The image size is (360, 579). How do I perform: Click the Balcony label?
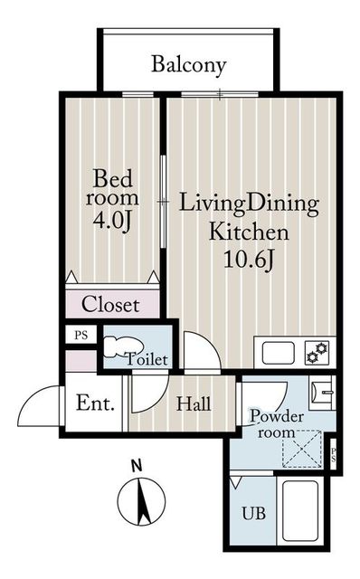pos(189,65)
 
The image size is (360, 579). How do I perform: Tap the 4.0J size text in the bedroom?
pos(112,221)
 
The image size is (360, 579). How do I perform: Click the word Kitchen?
pos(249,233)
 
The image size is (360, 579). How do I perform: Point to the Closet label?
pos(110,305)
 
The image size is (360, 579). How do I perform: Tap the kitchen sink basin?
pos(279,353)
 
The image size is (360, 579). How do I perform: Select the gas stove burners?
pos(317,352)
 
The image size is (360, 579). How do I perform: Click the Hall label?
pos(194,403)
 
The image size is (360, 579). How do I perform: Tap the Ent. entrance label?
pos(95,403)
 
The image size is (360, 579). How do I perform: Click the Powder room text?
pos(277,424)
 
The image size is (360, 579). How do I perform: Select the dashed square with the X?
pos(302,449)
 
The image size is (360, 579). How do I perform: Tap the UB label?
pos(253,513)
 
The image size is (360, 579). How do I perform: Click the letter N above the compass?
pos(137,466)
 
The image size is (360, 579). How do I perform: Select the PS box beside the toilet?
pos(81,335)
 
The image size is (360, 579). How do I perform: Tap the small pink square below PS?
pos(81,361)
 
